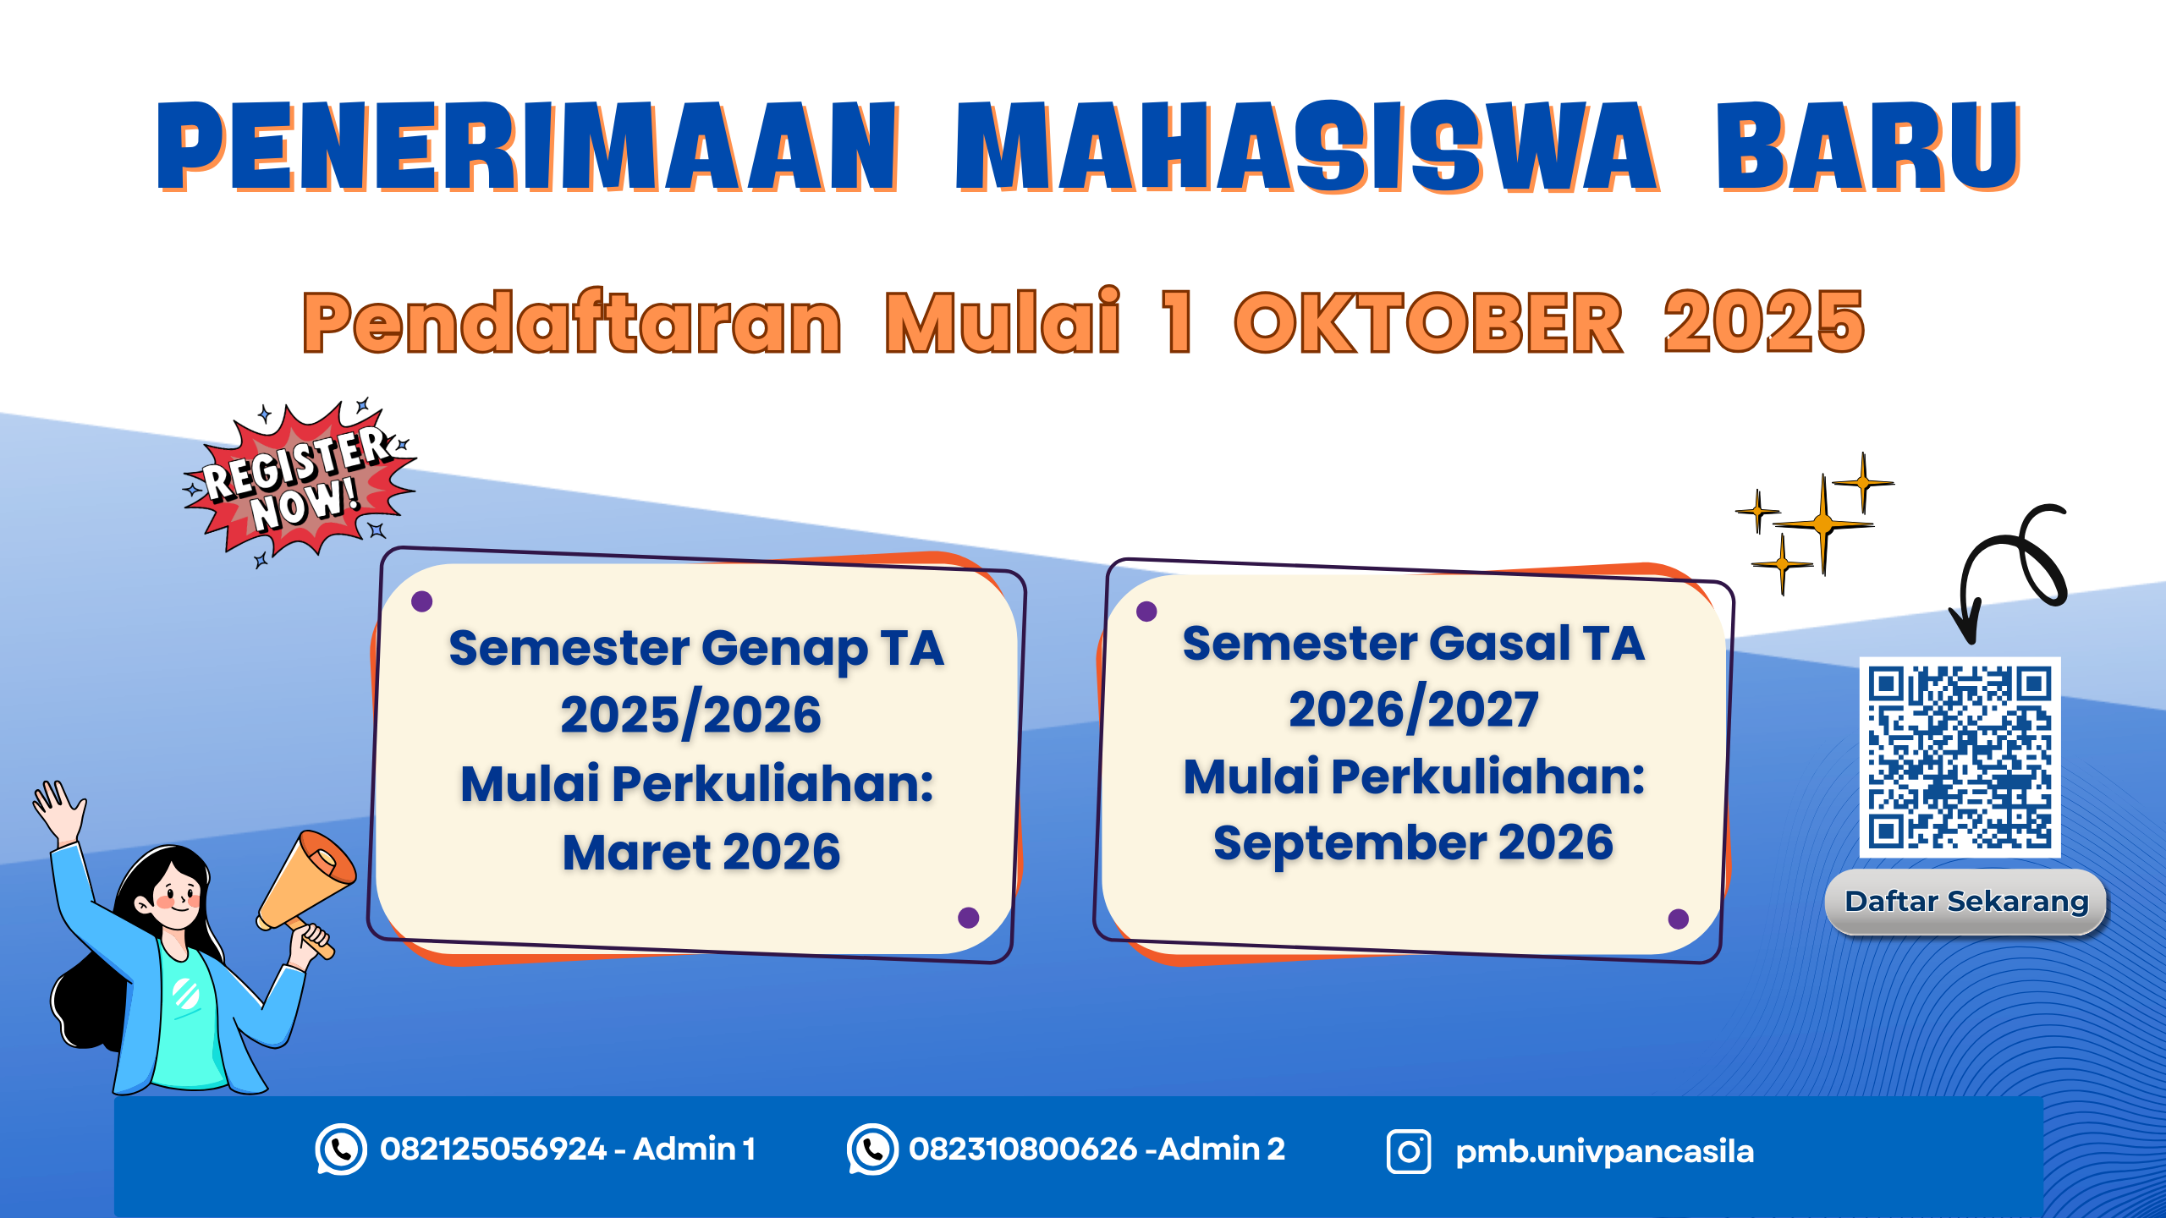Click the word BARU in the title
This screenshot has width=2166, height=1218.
click(x=1867, y=146)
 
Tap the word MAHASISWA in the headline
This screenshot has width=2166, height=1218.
click(x=1306, y=146)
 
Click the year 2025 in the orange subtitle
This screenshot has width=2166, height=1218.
click(x=1763, y=322)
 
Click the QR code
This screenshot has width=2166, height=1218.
click(x=1960, y=757)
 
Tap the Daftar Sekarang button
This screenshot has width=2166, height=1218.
click(x=1965, y=902)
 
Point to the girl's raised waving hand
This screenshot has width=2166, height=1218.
click(x=58, y=808)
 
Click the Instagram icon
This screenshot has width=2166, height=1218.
click(x=1409, y=1151)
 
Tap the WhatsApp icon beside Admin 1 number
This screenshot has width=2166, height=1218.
click(x=341, y=1149)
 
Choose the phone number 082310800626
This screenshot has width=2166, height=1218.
click(x=1023, y=1149)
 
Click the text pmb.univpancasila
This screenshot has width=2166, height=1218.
click(x=1604, y=1152)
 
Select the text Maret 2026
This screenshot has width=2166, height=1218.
click(x=701, y=852)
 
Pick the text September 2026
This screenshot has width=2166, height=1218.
click(x=1413, y=842)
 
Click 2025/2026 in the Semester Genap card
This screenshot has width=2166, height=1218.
click(x=690, y=716)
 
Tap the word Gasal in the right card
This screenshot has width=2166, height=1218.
click(x=1499, y=644)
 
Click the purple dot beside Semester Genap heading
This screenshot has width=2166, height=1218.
click(x=421, y=601)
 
